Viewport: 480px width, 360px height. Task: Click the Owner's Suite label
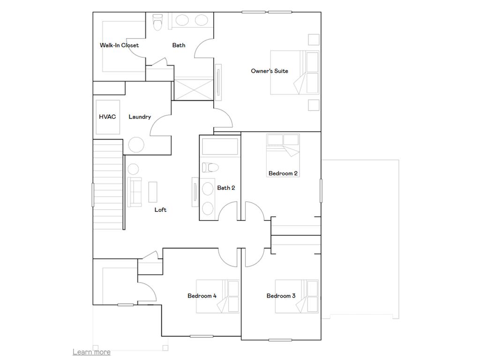(269, 71)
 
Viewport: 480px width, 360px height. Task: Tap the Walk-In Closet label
(119, 45)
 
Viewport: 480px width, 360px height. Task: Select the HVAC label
(107, 117)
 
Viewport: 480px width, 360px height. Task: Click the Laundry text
(140, 117)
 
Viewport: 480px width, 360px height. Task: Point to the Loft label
(160, 210)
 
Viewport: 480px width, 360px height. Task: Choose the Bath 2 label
(226, 188)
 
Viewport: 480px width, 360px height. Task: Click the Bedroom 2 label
(283, 173)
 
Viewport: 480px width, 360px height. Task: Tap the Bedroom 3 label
(281, 296)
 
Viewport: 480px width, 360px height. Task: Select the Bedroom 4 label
(202, 296)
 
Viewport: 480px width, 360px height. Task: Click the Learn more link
(91, 352)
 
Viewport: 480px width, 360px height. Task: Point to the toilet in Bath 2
(210, 167)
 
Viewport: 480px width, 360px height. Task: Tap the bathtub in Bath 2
(220, 147)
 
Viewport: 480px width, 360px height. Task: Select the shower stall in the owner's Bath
(193, 89)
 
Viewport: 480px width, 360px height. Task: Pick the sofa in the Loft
(135, 192)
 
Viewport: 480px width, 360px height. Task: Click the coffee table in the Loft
(153, 192)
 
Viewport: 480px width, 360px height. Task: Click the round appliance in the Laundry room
(136, 145)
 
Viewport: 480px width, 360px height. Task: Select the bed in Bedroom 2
(283, 145)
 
